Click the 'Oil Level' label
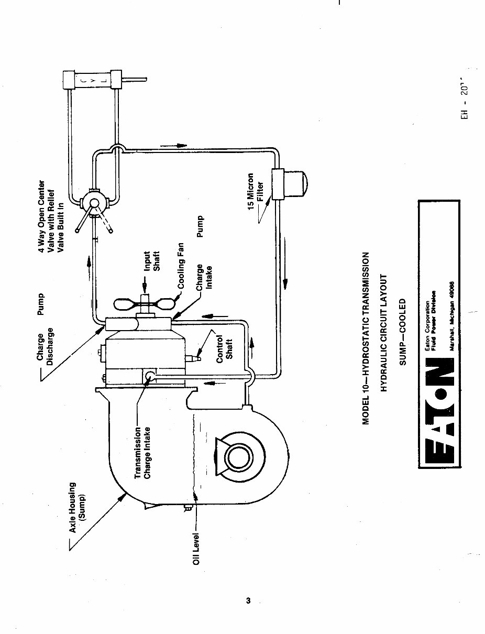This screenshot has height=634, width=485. pyautogui.click(x=197, y=545)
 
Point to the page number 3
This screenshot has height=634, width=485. pyautogui.click(x=248, y=600)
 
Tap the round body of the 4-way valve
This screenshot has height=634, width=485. pyautogui.click(x=94, y=204)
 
